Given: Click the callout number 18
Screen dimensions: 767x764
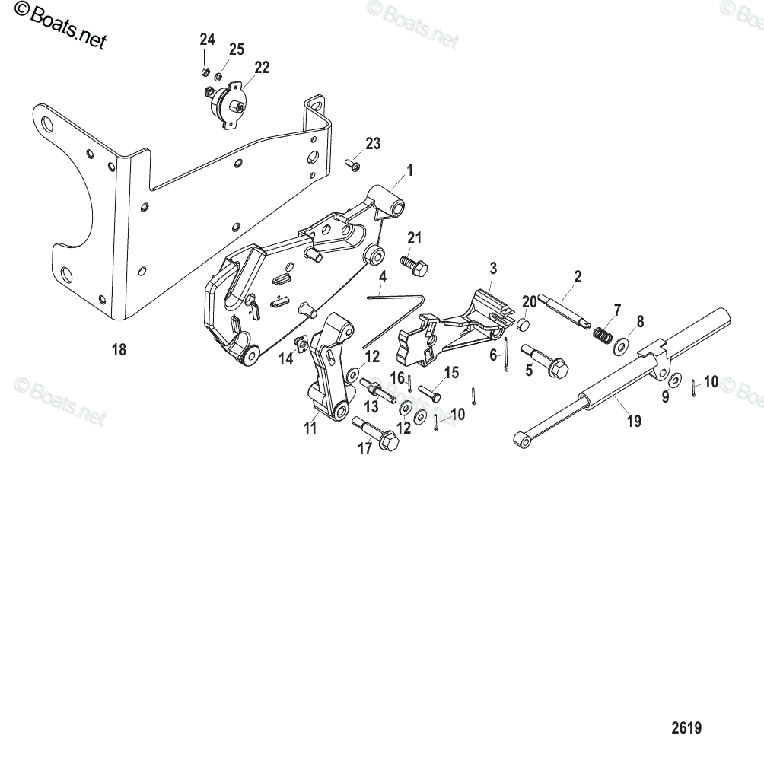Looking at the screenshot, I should pyautogui.click(x=119, y=350).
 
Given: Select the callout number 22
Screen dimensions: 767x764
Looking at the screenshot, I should pyautogui.click(x=262, y=68).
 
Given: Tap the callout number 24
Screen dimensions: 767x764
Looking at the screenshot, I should pyautogui.click(x=208, y=40).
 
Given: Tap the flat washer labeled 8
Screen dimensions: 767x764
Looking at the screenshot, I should pyautogui.click(x=620, y=346).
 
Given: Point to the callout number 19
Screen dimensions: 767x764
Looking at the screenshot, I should pyautogui.click(x=634, y=420).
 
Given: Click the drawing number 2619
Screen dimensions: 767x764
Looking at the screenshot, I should pyautogui.click(x=686, y=727).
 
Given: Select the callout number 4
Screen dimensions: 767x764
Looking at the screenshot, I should pyautogui.click(x=384, y=276).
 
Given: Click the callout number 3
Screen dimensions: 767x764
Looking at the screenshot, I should pyautogui.click(x=494, y=268).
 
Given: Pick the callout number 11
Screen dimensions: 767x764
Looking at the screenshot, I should pyautogui.click(x=310, y=428).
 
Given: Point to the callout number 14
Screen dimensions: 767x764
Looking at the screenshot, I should pyautogui.click(x=286, y=359).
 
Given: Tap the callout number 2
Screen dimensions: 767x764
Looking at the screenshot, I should pyautogui.click(x=578, y=277).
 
